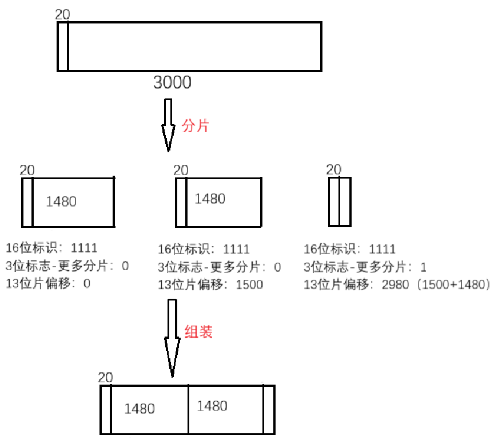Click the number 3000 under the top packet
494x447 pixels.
pyautogui.click(x=172, y=82)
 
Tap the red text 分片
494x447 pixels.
pyautogui.click(x=196, y=126)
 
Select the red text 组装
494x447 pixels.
pyautogui.click(x=198, y=332)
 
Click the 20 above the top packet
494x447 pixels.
pyautogui.click(x=62, y=14)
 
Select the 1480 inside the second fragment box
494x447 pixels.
pyautogui.click(x=210, y=199)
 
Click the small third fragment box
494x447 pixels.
pyautogui.click(x=339, y=201)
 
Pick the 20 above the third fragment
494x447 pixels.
pyautogui.click(x=333, y=169)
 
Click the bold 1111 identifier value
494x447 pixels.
pyautogui.click(x=84, y=248)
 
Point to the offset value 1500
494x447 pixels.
pyautogui.click(x=249, y=284)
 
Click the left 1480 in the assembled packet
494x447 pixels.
pyautogui.click(x=140, y=409)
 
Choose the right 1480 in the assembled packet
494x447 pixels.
pyautogui.click(x=212, y=406)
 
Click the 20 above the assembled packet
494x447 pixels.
pyautogui.click(x=105, y=377)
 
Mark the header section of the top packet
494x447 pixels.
pyautogui.click(x=63, y=46)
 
